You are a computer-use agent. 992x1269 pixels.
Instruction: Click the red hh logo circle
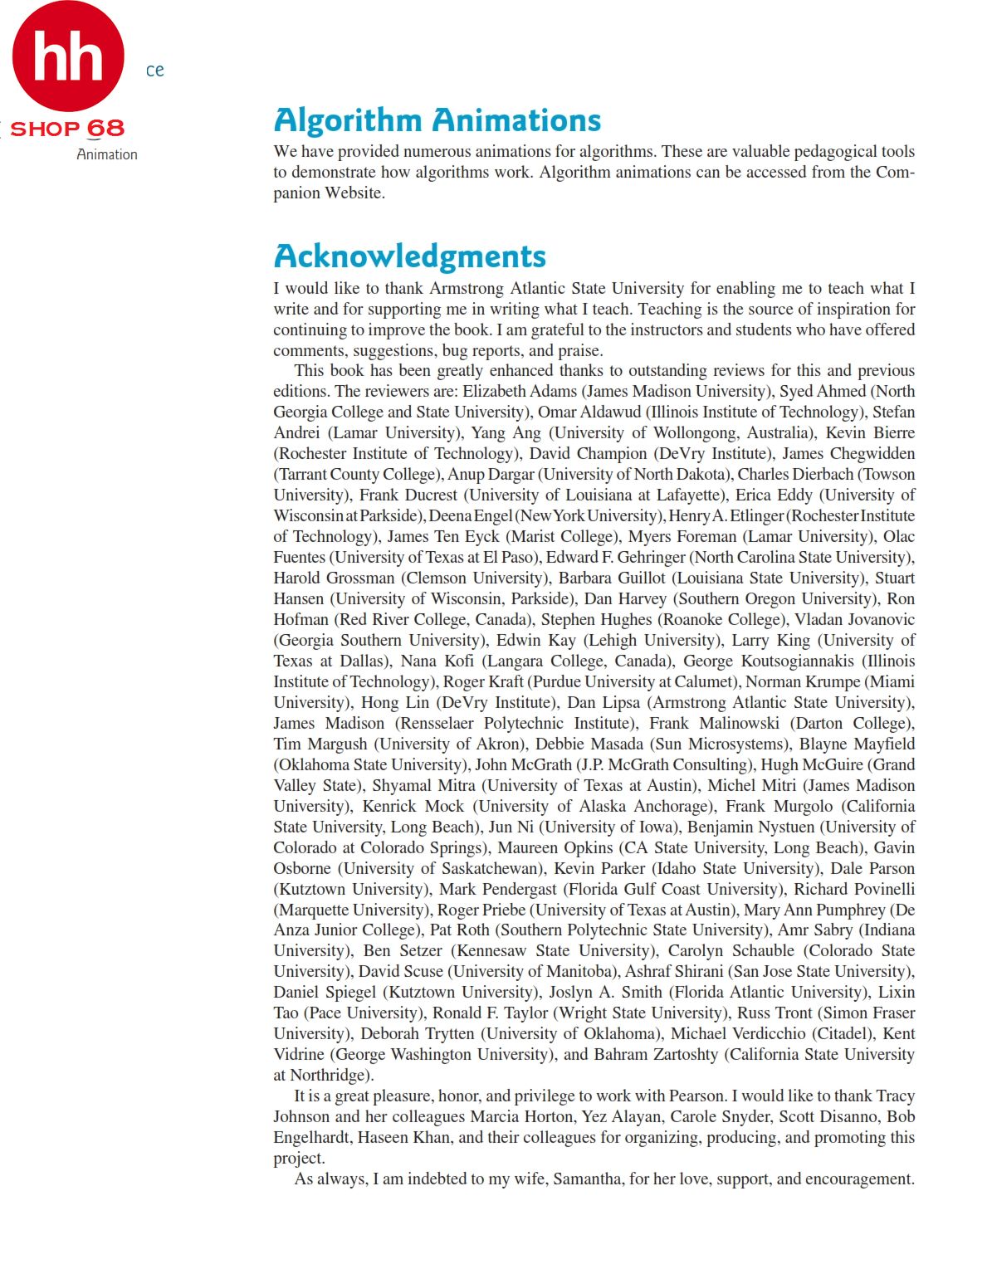tap(68, 56)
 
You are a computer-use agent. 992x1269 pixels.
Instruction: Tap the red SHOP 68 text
tap(67, 129)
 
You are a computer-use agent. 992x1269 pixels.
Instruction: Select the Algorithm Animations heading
tap(437, 120)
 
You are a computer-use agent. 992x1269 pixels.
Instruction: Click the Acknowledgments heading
tap(410, 256)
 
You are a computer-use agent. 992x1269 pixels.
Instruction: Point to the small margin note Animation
tap(107, 154)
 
